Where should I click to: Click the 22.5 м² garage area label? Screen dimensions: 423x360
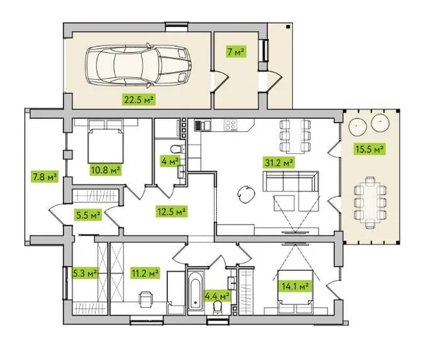point(139,100)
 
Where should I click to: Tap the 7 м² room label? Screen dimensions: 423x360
point(237,52)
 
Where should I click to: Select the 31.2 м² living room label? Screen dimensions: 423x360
point(278,162)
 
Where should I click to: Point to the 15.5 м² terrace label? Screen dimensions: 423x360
point(369,149)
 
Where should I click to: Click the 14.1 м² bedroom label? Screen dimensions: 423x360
point(295,286)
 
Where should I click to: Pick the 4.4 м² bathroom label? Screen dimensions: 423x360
point(217,297)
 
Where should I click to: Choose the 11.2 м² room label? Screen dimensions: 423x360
point(145,273)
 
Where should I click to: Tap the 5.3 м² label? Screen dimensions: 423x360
point(85,273)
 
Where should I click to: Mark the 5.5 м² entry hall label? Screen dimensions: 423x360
point(89,215)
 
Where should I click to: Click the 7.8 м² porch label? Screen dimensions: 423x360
point(44,177)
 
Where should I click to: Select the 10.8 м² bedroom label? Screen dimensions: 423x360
point(106,170)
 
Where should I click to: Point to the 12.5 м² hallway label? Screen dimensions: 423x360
point(172,211)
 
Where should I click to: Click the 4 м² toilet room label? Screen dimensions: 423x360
point(170,161)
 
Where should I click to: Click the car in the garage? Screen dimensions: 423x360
point(139,65)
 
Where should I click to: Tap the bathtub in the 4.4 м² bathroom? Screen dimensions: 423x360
point(196,292)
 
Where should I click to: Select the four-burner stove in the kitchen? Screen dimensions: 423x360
point(231,125)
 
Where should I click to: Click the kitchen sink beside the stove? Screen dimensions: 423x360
point(203,125)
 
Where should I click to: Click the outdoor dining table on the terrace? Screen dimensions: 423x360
point(370,202)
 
